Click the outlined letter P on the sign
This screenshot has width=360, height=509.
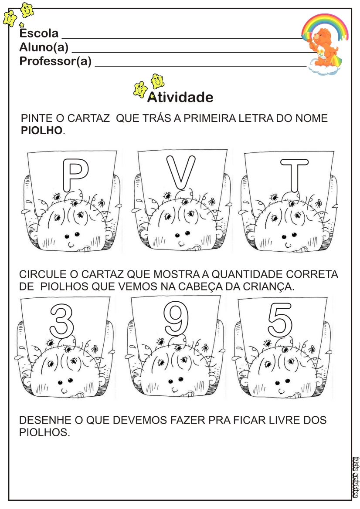coord(69,175)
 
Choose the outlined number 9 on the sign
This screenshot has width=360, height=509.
coord(176,318)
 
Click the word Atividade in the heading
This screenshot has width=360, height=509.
coord(180,97)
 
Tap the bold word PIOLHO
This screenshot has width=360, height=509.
coord(41,131)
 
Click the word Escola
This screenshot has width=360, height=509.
coord(39,33)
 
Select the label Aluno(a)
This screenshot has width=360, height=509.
coord(44,47)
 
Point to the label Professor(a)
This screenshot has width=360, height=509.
coord(55,61)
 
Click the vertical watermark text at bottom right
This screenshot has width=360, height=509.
coord(356,477)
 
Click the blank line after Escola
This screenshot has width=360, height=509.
coord(182,38)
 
